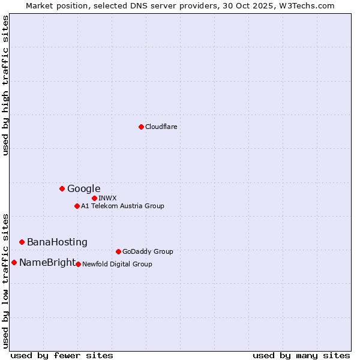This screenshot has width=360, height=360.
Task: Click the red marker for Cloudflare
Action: (x=141, y=127)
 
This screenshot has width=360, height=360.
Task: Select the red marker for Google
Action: (x=62, y=188)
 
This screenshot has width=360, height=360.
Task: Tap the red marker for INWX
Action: (x=94, y=198)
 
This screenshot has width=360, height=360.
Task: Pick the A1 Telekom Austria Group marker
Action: (x=77, y=206)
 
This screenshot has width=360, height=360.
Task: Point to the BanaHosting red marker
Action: (x=22, y=242)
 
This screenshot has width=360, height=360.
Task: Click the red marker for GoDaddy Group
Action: (x=118, y=251)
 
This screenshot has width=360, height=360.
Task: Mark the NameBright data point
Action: (x=14, y=262)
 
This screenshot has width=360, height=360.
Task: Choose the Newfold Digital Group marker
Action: (x=78, y=264)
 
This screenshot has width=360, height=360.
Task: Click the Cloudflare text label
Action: (x=161, y=127)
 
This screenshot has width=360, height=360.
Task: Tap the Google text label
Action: (x=84, y=189)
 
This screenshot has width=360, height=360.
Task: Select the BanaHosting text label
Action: (x=57, y=242)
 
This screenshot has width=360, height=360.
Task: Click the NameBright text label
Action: (x=47, y=263)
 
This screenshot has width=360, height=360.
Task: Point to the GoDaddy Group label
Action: (x=148, y=252)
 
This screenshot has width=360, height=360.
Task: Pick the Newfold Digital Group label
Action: (x=118, y=264)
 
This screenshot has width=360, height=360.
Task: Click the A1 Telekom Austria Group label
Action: (x=123, y=206)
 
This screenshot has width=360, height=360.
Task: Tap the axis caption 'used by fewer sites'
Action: (x=62, y=355)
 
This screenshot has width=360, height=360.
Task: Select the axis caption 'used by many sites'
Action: (x=301, y=355)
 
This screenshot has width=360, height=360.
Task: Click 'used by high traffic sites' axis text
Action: (x=6, y=85)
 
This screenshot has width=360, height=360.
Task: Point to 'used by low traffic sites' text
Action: (x=6, y=281)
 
